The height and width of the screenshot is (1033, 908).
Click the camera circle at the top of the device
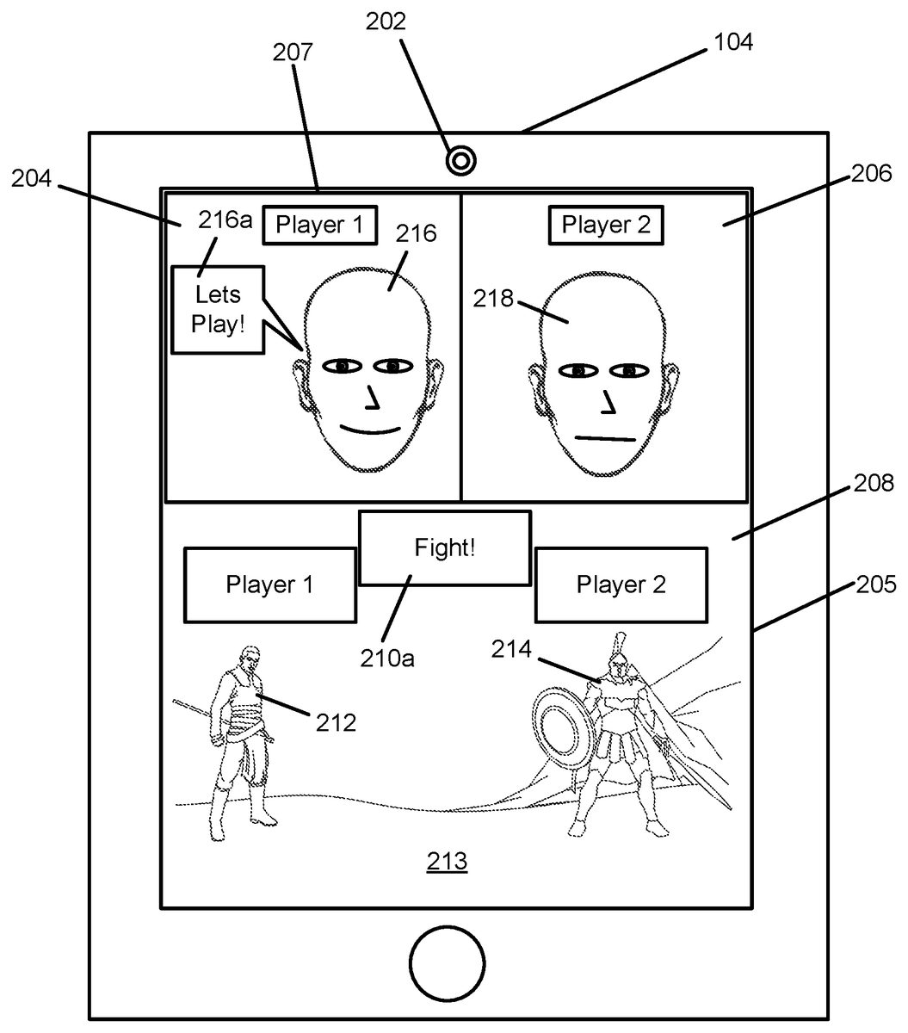click(x=461, y=160)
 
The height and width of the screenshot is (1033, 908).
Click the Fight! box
click(x=444, y=547)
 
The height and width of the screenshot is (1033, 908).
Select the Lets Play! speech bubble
click(x=218, y=310)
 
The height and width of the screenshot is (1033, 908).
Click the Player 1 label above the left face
click(x=318, y=226)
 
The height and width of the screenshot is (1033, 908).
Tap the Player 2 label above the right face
click(x=606, y=226)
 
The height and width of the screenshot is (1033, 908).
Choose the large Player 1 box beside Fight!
click(x=269, y=585)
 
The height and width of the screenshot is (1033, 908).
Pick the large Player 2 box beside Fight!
click(x=621, y=585)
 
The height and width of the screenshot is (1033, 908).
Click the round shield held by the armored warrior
click(x=565, y=723)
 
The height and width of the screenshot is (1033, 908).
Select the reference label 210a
click(x=387, y=658)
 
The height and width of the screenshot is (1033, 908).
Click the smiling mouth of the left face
click(x=370, y=429)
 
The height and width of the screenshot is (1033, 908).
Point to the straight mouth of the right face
click(x=605, y=439)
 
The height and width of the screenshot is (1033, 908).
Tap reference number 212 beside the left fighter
click(x=335, y=721)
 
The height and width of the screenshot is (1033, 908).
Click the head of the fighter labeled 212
click(x=250, y=659)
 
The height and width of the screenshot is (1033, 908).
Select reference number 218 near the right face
click(x=492, y=299)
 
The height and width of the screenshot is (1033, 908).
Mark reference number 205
click(x=876, y=585)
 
